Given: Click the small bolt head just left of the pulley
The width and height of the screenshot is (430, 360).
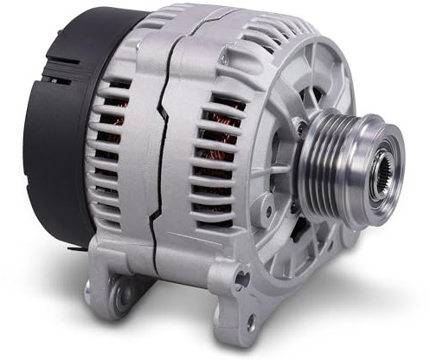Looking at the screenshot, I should click(299, 129).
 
